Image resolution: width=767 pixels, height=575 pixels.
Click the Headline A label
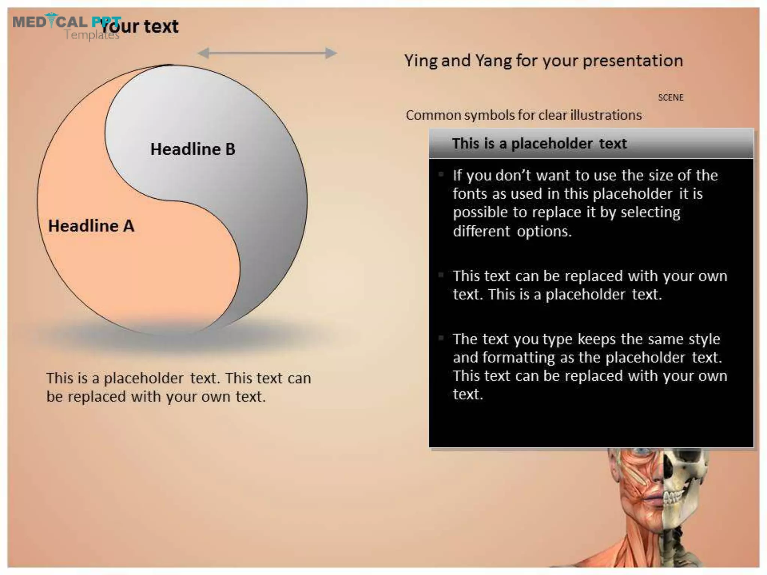91,226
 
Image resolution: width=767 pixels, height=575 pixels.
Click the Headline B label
192,149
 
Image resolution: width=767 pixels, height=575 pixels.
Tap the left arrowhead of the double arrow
203,53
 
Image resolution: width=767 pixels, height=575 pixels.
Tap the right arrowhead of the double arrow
331,53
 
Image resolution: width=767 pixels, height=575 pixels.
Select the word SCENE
670,98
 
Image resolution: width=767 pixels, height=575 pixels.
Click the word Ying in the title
421,61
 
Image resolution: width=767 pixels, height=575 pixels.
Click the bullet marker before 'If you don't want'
441,174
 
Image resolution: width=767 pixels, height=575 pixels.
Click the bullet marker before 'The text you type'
441,338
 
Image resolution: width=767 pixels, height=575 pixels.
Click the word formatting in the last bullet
518,358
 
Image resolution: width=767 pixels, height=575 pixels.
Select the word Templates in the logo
91,35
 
